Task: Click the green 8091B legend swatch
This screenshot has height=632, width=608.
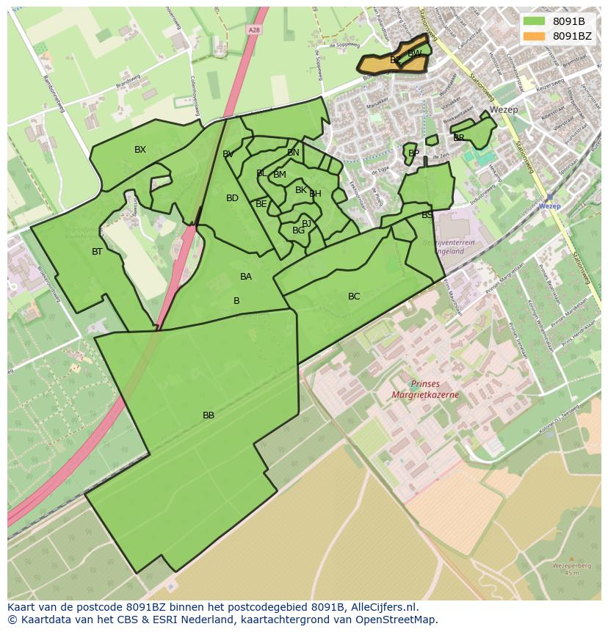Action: [x=534, y=21]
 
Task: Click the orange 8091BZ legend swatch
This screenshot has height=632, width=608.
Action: [x=534, y=36]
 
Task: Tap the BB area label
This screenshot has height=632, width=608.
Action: [x=209, y=415]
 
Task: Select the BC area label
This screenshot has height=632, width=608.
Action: [x=354, y=297]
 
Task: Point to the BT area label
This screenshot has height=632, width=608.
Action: [x=97, y=252]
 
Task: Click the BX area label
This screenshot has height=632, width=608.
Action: [x=140, y=150]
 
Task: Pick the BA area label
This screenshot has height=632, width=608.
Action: [x=246, y=277]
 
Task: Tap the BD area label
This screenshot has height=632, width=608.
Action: [x=232, y=198]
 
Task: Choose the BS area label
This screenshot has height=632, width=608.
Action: [x=427, y=215]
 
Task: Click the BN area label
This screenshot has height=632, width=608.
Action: [x=293, y=153]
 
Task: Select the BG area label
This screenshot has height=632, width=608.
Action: [x=298, y=230]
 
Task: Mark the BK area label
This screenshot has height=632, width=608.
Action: [x=300, y=190]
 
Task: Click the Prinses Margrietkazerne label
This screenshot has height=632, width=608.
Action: [x=424, y=389]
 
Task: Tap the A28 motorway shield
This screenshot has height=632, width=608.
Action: [x=254, y=30]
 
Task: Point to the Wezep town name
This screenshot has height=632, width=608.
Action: [x=504, y=110]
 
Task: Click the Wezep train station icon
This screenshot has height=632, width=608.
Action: [x=549, y=197]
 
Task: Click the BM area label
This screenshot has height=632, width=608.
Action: [x=279, y=175]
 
